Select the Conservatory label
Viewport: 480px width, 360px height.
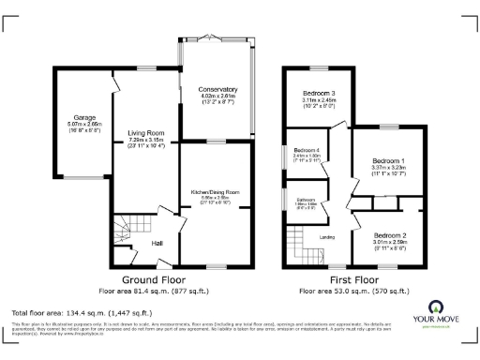[x=217, y=89]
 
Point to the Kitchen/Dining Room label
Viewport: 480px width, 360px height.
[x=216, y=191]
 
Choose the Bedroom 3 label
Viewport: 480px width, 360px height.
[x=318, y=94]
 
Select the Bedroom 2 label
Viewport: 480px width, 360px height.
[x=388, y=234]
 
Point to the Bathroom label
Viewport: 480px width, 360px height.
[x=306, y=199]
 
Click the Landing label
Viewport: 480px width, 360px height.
[x=327, y=236]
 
